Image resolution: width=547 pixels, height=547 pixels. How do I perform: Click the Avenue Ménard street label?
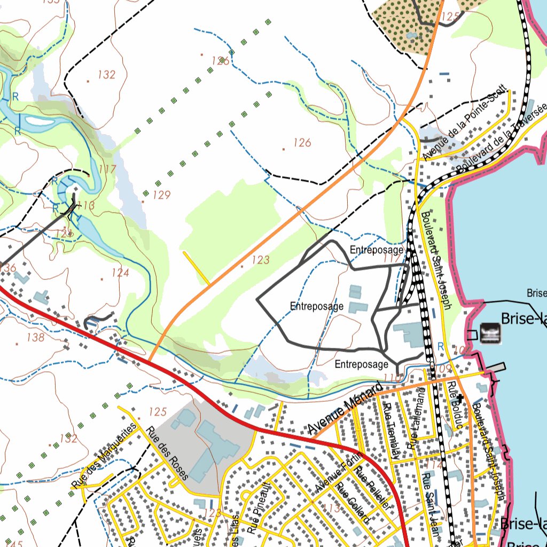pos(346,409)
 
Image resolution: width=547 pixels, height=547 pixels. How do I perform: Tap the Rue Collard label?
pos(352,503)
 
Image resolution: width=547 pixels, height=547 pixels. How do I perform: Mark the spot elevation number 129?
pos(161,196)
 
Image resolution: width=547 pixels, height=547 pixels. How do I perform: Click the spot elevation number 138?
pos(35,337)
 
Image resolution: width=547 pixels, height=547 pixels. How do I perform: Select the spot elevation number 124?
pos(120,273)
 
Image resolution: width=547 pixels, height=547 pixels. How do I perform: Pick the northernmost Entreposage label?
pos(376,249)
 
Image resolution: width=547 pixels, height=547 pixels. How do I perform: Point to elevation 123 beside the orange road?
pos(260,260)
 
